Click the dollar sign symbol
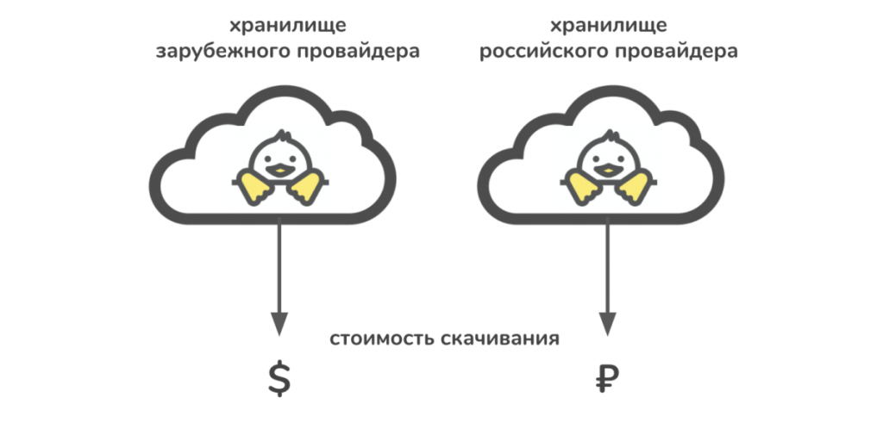pos(279,379)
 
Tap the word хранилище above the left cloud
pos(287,27)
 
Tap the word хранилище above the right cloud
pos(608,27)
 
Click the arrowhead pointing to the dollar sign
pos(279,324)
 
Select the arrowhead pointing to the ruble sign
pos(607,324)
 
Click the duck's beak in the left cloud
pos(280,170)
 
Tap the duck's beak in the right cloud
pos(608,170)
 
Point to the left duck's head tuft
pos(283,135)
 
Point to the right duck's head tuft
pos(611,135)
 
